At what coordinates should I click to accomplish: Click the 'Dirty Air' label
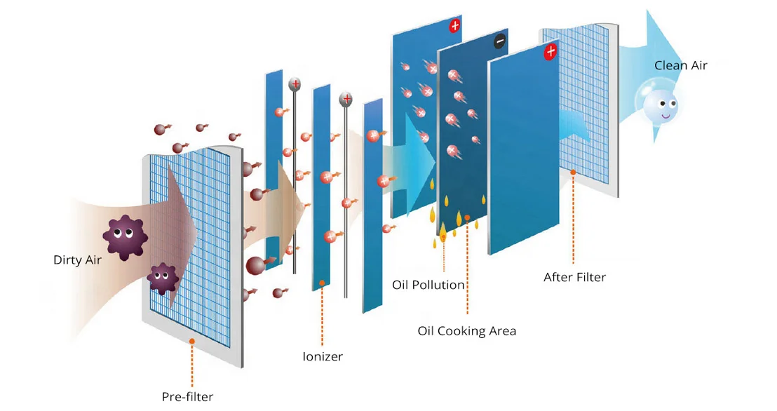78,260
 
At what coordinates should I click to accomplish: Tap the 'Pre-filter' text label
187,396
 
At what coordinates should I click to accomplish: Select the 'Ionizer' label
323,356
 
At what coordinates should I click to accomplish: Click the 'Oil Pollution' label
428,285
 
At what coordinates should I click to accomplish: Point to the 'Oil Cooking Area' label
466,330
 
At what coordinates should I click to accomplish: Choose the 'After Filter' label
574,277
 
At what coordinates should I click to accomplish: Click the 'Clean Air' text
680,66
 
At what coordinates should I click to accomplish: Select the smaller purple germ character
163,278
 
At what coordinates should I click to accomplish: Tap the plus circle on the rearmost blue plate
455,27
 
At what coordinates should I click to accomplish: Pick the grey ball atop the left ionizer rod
295,84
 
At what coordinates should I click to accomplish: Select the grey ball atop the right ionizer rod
346,99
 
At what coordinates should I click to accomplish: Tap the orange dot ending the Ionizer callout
322,283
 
